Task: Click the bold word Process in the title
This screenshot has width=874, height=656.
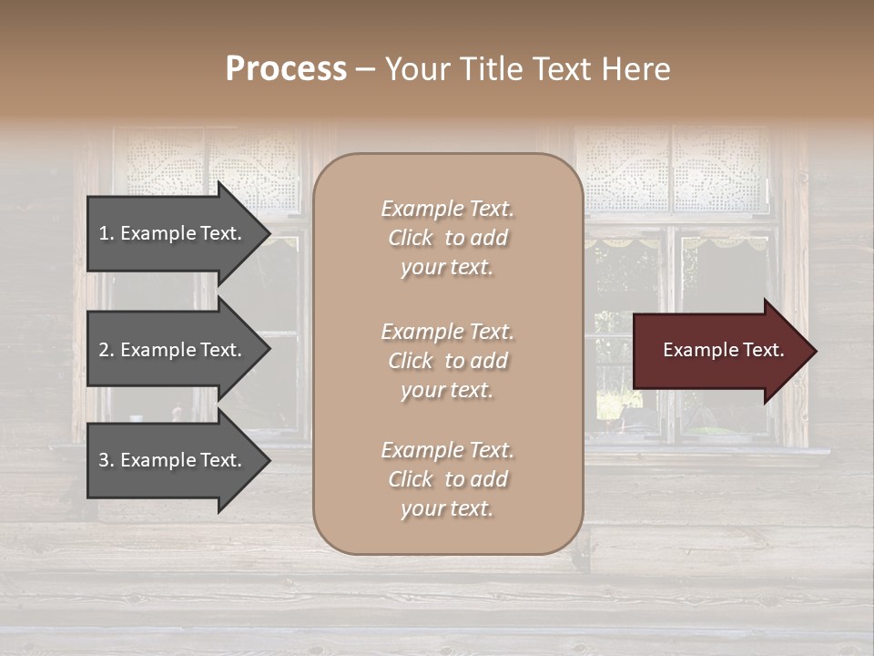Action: (x=286, y=69)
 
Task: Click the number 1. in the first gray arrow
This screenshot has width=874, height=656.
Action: (x=107, y=233)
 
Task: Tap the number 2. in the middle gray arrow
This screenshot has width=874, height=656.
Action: (x=107, y=350)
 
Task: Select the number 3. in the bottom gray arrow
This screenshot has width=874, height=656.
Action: (x=107, y=460)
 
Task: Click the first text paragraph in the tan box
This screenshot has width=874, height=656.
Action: (x=447, y=238)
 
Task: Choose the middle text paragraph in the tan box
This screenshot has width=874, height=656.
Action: (x=447, y=361)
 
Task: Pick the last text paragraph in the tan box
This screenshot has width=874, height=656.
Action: (x=447, y=479)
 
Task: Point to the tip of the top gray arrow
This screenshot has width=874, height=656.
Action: (x=269, y=233)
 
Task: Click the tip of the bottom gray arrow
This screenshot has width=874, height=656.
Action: (x=269, y=460)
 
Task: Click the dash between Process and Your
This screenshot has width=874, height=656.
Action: (x=365, y=69)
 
